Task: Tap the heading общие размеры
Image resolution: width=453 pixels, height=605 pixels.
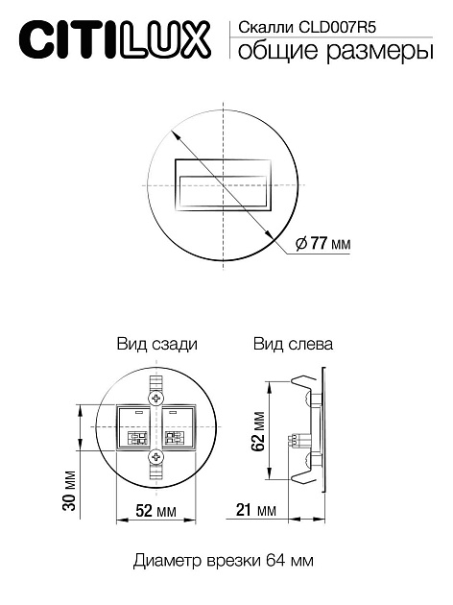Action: click(327, 54)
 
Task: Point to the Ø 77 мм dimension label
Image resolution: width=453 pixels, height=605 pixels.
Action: click(323, 245)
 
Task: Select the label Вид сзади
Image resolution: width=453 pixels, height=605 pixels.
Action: click(157, 344)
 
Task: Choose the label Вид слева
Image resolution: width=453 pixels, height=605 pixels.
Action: click(294, 344)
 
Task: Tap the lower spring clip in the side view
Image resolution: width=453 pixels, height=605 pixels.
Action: click(311, 472)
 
